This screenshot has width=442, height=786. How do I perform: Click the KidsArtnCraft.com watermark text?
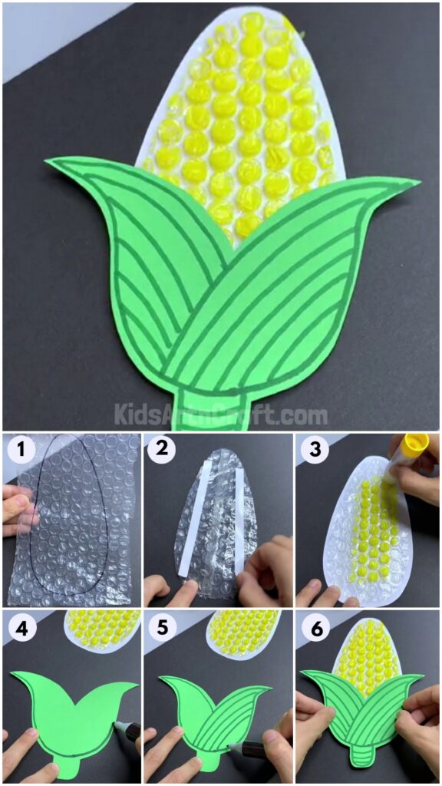point(221,415)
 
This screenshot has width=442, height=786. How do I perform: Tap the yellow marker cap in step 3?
point(414,445)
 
